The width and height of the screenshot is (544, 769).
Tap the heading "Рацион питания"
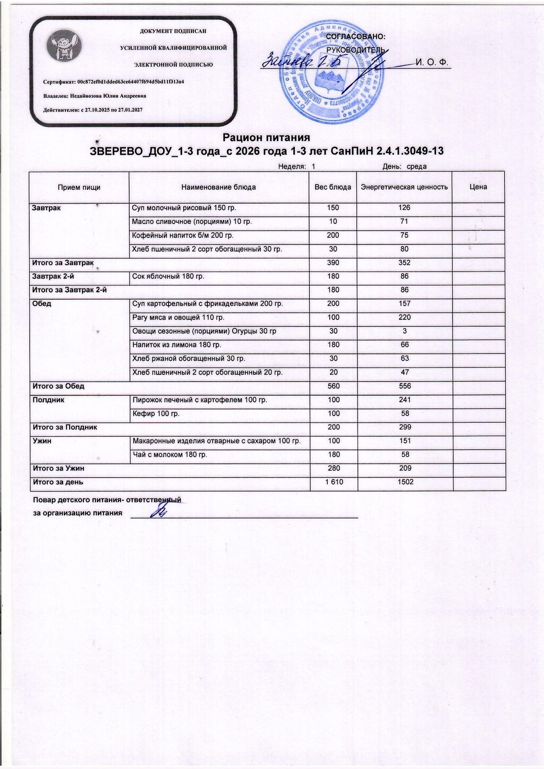click(266, 138)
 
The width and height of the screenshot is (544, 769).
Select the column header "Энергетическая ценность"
click(404, 187)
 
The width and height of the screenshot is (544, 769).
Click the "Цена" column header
click(478, 187)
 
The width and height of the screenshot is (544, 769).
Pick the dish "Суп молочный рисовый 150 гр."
click(184, 208)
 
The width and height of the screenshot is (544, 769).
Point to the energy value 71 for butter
click(404, 222)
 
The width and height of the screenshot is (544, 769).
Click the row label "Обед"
click(42, 304)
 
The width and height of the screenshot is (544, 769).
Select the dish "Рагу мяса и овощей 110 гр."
click(178, 318)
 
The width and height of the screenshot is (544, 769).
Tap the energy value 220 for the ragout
click(404, 318)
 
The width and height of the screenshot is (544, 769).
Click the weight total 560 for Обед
click(333, 386)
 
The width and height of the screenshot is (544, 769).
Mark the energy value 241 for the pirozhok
click(404, 400)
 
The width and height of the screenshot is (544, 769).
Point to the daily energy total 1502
click(405, 483)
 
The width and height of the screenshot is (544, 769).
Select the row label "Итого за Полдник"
click(65, 427)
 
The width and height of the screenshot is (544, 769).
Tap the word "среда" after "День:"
click(416, 167)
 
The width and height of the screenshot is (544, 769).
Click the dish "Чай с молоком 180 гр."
click(170, 455)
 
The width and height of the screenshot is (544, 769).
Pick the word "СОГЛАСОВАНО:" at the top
click(355, 36)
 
